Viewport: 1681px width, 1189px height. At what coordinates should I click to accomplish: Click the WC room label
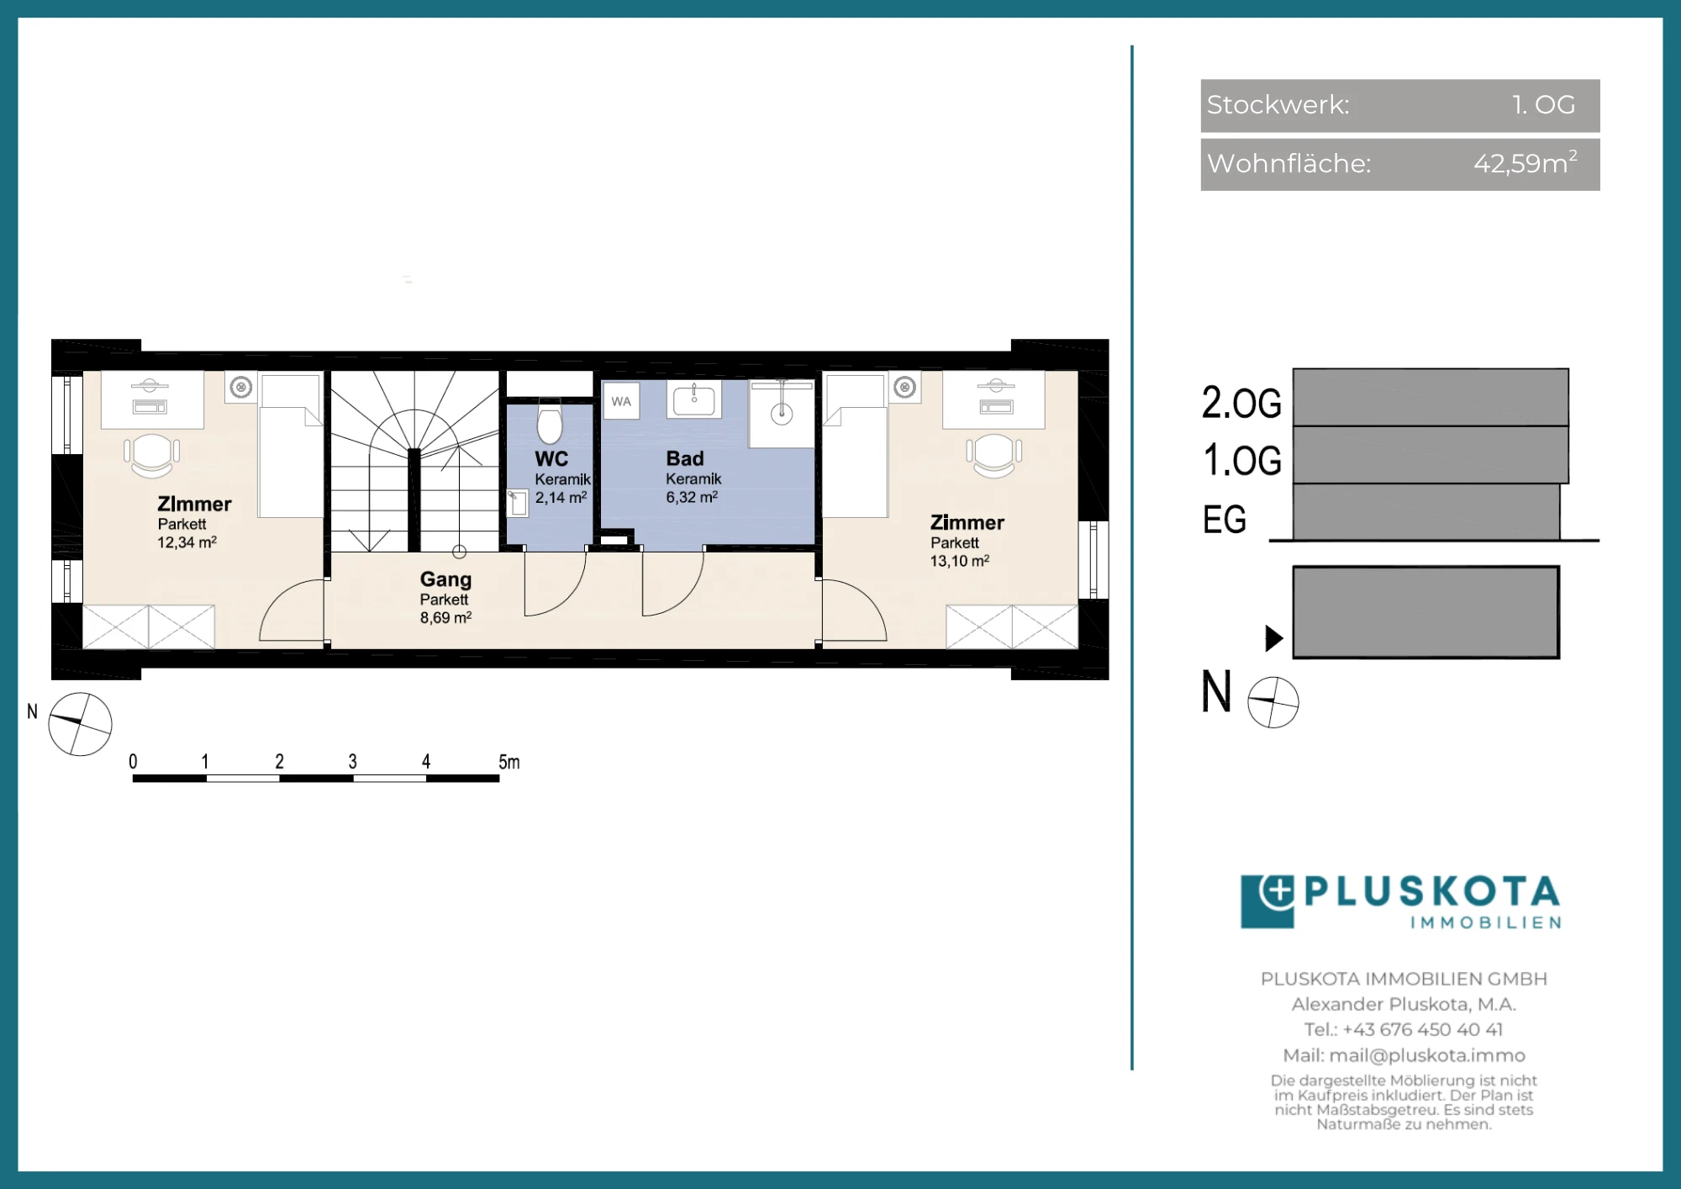(x=551, y=459)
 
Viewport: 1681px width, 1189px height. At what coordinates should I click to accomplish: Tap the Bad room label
(x=685, y=458)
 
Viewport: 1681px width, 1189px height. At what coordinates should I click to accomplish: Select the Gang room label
(x=445, y=579)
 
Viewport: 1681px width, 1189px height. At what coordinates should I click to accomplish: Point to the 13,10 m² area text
(x=959, y=561)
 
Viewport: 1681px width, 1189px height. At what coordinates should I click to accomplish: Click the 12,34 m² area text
(x=187, y=542)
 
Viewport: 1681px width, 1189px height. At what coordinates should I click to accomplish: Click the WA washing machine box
(x=621, y=401)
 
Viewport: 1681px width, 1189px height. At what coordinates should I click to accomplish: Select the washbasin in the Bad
(x=693, y=399)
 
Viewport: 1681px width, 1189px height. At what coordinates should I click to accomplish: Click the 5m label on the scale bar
(x=509, y=762)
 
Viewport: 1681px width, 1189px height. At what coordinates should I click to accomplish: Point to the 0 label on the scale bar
(x=133, y=762)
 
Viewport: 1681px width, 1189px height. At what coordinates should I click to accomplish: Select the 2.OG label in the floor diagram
(x=1241, y=402)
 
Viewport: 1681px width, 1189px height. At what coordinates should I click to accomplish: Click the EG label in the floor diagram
(x=1224, y=519)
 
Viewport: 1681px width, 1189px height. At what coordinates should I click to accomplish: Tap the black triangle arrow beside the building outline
(x=1274, y=638)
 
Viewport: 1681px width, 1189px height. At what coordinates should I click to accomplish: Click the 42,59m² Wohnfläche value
(x=1526, y=162)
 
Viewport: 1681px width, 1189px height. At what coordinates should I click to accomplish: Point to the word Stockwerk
(x=1278, y=104)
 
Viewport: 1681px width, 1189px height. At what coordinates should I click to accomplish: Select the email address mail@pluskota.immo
(x=1427, y=1055)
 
